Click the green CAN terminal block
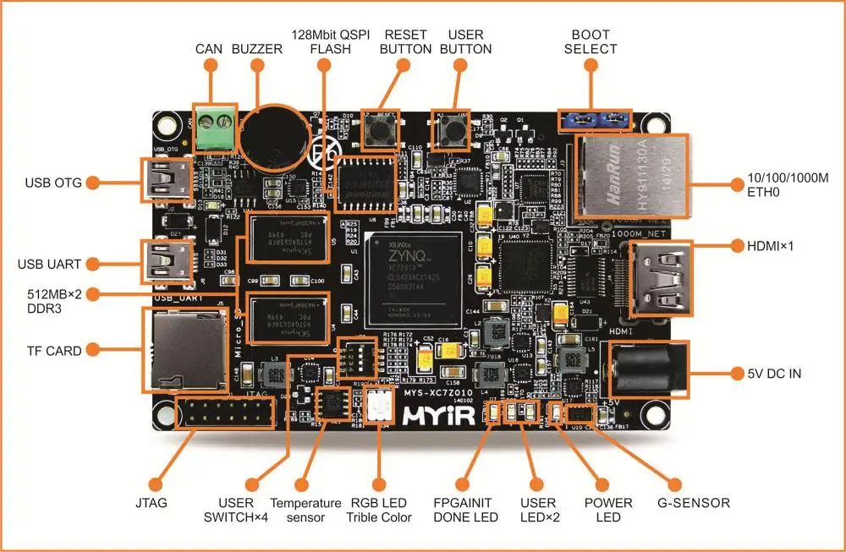coord(215,129)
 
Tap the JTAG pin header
coord(223,414)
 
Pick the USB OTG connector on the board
coord(165,181)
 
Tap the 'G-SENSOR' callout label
coord(696,503)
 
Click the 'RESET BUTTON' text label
coord(406,41)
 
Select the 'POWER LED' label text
coord(608,511)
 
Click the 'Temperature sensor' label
coord(305,511)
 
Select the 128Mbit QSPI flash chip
coord(366,183)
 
